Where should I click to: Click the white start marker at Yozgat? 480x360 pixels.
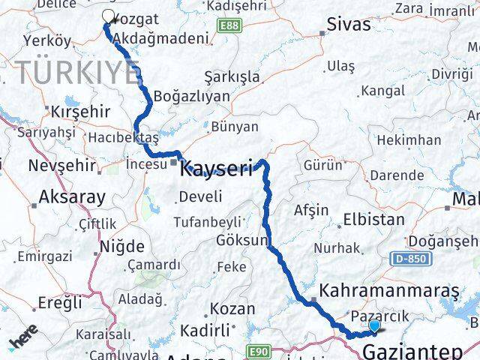(108, 16)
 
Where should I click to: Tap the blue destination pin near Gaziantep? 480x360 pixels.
(374, 325)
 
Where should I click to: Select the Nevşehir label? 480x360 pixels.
(62, 165)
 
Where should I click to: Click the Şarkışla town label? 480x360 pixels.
(232, 77)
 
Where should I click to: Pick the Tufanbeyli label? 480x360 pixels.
(207, 222)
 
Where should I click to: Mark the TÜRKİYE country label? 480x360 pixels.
(79, 73)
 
